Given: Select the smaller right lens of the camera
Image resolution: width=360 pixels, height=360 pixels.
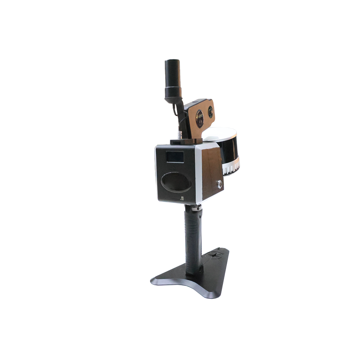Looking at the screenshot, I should coord(210,112).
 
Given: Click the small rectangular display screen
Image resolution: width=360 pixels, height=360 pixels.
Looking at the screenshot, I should coord(175,157).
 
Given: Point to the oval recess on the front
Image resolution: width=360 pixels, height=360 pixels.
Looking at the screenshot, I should coord(176,182).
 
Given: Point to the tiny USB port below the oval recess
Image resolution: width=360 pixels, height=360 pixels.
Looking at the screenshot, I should coord(182,198).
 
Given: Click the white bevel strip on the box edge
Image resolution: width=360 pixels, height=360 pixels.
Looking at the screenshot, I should coord(198,173).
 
